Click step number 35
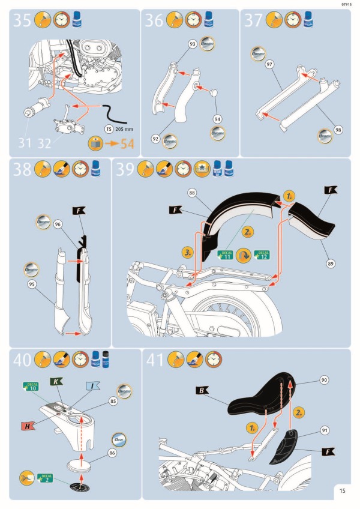(22, 21)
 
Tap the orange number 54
(127, 143)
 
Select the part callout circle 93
(193, 44)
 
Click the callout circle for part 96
(58, 224)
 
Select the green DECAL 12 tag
(262, 254)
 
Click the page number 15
(341, 490)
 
